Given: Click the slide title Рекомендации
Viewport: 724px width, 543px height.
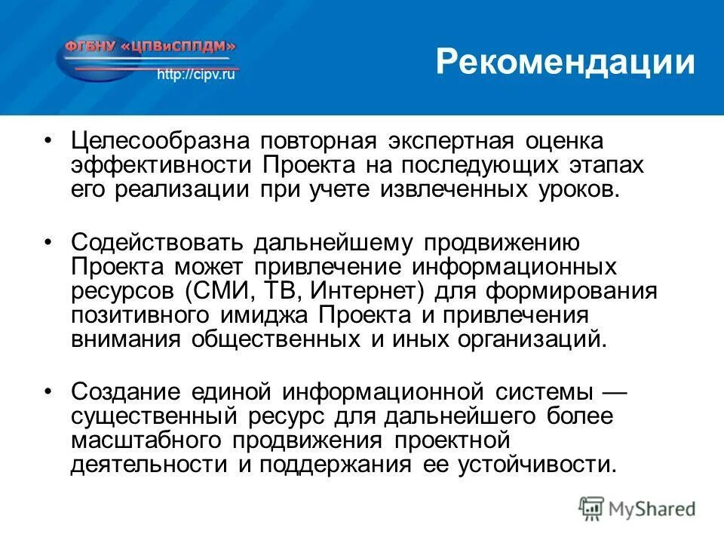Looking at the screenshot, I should coord(565,62).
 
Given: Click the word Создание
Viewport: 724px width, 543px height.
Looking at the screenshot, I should coord(126,392).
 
